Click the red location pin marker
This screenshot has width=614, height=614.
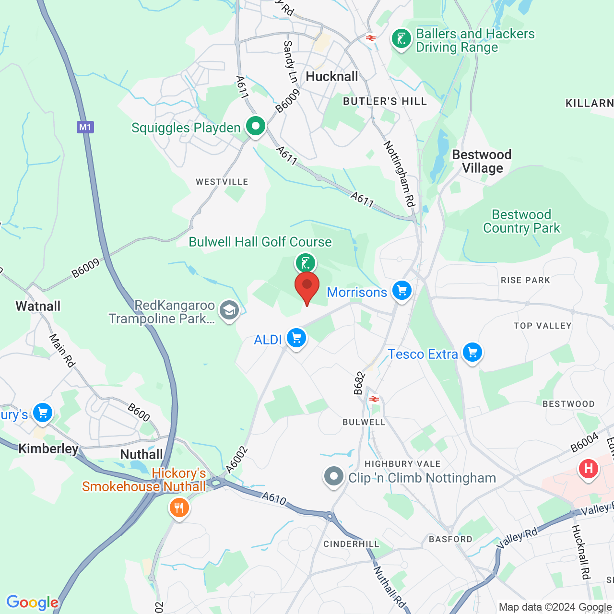307,286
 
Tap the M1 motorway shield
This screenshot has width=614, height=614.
85,127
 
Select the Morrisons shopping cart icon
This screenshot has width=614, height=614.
402,291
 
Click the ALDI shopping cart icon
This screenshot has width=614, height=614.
296,338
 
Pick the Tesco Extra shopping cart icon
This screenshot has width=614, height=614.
472,353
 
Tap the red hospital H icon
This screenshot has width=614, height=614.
589,468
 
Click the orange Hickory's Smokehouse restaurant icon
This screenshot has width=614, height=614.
179,507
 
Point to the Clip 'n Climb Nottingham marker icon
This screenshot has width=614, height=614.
334,477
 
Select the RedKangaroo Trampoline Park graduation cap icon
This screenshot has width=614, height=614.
229,310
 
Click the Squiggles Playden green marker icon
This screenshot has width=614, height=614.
256,127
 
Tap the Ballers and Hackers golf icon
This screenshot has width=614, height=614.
401,39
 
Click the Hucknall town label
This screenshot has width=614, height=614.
332,77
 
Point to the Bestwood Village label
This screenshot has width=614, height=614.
482,161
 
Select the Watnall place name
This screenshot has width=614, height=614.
38,306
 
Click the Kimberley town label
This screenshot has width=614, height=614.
48,449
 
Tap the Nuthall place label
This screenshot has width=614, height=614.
142,454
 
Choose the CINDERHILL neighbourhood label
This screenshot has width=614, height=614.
351,544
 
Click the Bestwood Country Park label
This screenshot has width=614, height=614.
521,221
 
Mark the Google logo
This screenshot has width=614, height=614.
32,602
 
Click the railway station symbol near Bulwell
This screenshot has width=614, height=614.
374,399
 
